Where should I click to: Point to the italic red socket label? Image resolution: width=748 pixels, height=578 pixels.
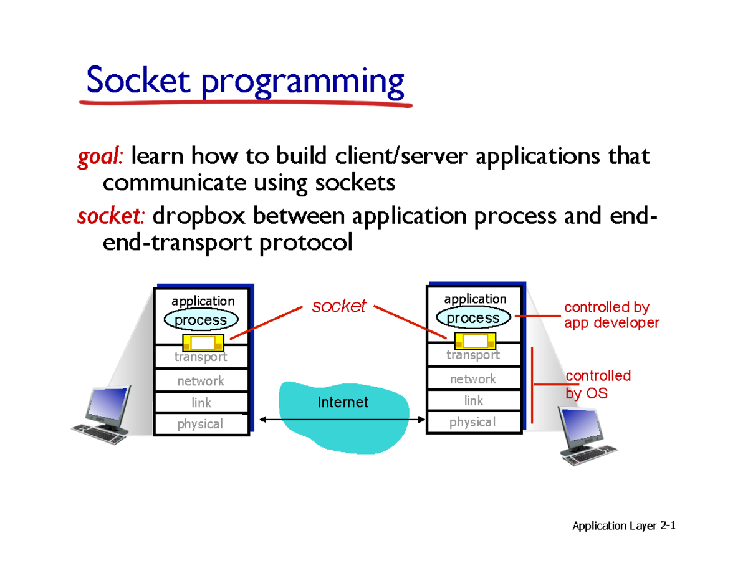click(x=338, y=306)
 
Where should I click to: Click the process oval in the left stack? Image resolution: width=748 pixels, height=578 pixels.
click(x=200, y=320)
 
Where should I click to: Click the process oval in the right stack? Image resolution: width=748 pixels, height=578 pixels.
click(x=472, y=318)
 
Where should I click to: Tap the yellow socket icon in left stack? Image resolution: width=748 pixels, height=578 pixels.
click(x=203, y=343)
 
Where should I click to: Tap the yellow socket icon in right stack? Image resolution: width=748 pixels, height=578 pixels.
click(x=476, y=340)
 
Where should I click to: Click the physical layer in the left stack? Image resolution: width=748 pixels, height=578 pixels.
click(x=200, y=424)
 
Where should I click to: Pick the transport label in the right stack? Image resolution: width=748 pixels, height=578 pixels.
click(x=472, y=355)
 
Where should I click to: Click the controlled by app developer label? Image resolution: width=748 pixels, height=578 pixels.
click(x=611, y=315)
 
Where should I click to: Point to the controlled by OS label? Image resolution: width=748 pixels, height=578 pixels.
click(x=597, y=385)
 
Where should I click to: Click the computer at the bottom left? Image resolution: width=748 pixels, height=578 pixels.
click(x=102, y=415)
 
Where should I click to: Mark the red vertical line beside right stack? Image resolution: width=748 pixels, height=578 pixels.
click(x=532, y=387)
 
